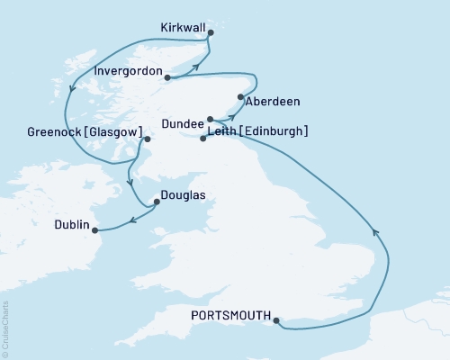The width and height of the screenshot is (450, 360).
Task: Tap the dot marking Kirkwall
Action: pos(210,33)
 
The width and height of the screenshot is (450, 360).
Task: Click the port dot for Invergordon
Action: pos(167,77)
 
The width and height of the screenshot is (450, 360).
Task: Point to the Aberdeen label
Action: pos(273,102)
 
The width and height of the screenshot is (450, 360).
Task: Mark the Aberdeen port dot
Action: pos(240,97)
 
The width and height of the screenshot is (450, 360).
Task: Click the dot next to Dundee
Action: pos(210,119)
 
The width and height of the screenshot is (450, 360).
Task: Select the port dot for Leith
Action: pos(202,139)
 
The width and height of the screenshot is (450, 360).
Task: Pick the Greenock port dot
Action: pos(148,139)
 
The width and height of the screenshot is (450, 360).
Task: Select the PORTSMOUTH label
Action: pos(230,315)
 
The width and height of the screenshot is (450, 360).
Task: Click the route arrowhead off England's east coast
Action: pos(375,235)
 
